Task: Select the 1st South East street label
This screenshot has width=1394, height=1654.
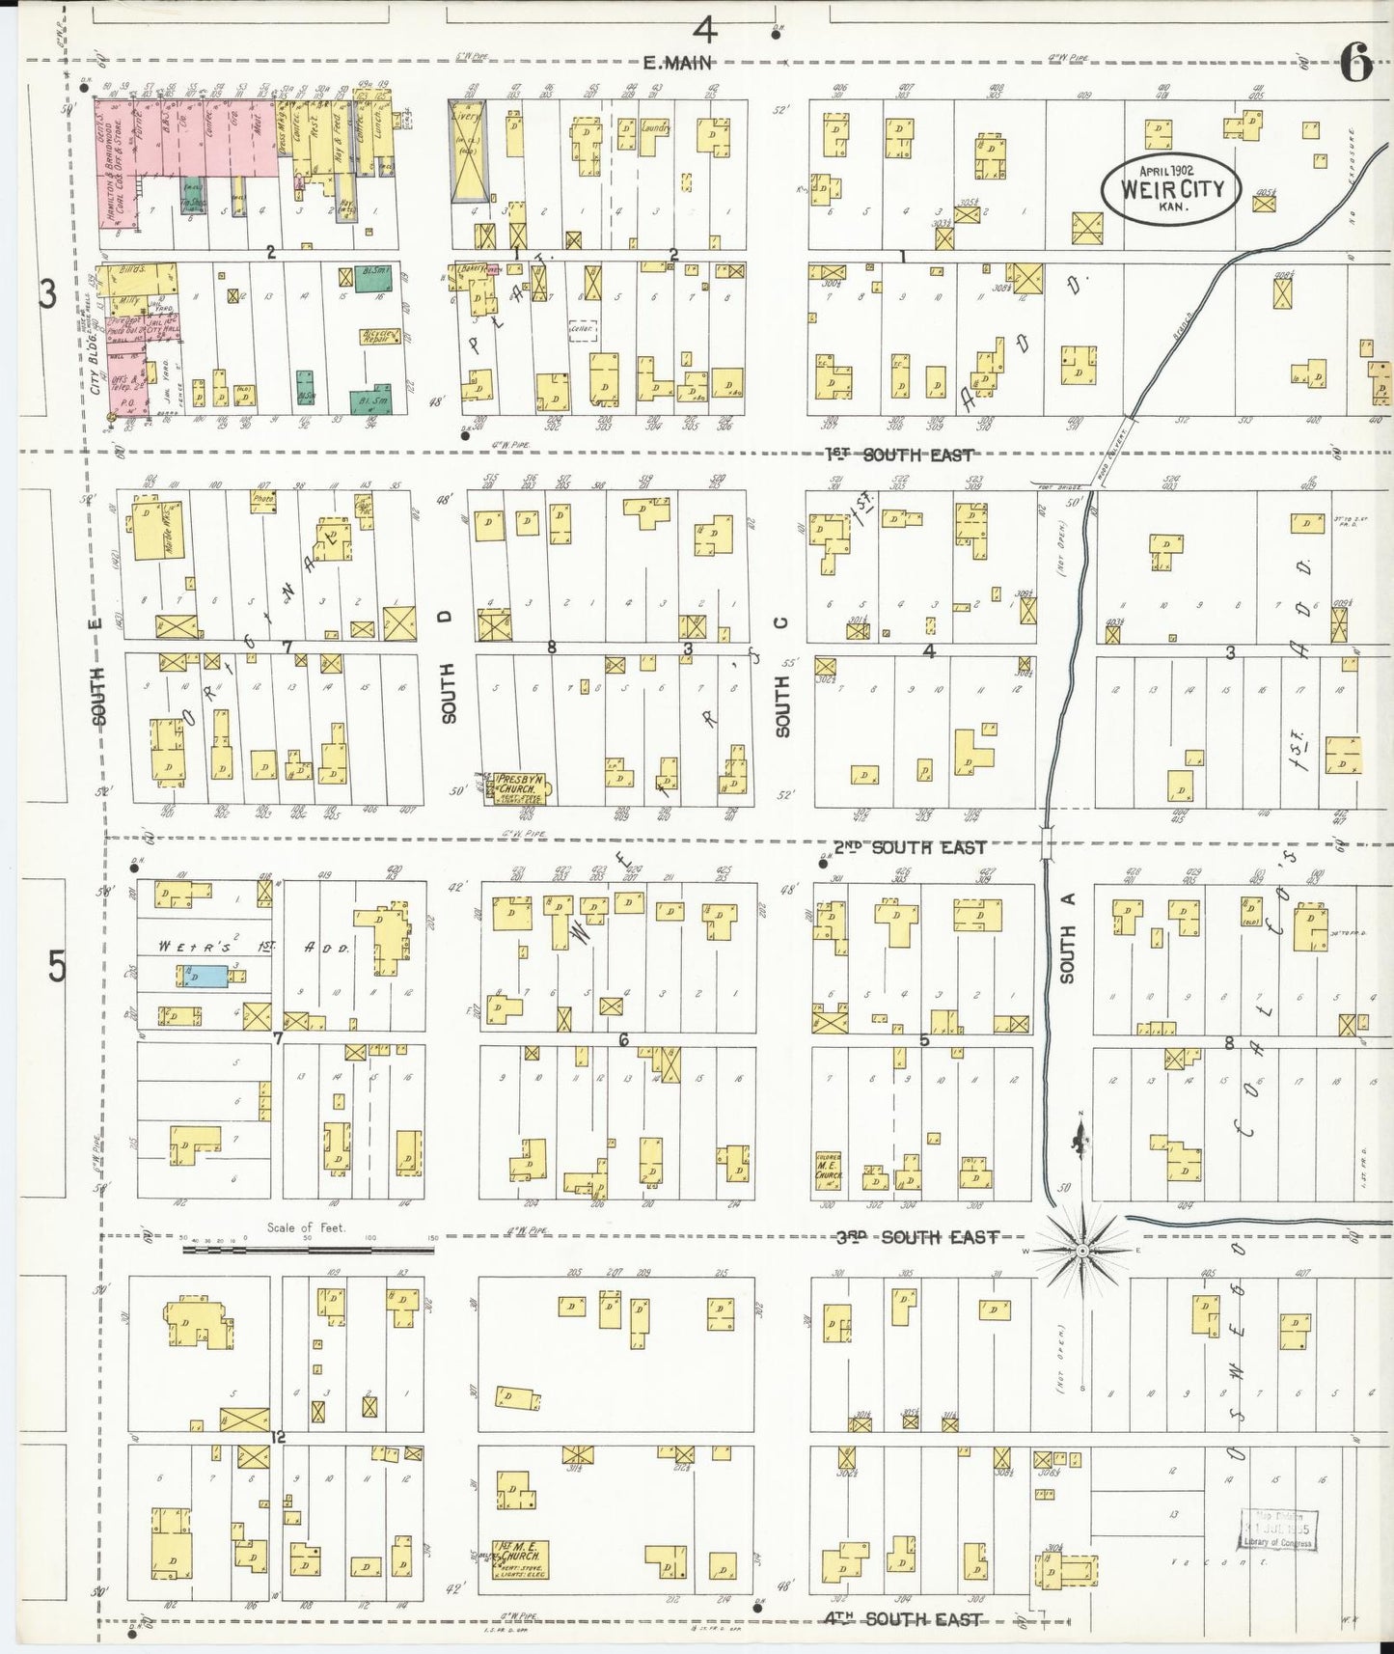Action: coord(899,455)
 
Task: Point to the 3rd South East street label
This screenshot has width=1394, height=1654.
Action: coord(916,1237)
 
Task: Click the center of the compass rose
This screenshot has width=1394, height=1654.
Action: coord(1082,1251)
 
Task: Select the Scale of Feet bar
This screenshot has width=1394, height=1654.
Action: coord(309,1250)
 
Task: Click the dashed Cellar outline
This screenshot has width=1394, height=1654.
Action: coord(585,330)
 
